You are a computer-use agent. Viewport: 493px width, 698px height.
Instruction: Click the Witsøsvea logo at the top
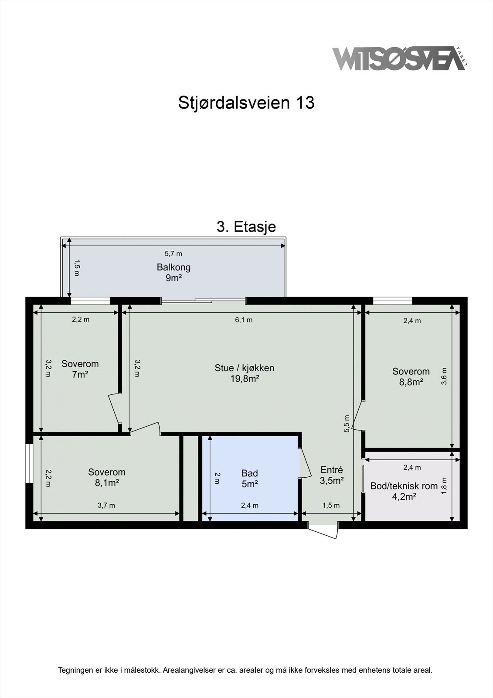point(399,58)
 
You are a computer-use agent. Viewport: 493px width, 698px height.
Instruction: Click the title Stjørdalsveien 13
point(246,103)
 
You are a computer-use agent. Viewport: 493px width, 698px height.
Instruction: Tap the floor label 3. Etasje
point(246,227)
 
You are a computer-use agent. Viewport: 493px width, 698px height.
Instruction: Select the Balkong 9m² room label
point(173,272)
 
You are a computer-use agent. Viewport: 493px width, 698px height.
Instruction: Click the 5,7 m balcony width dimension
point(173,253)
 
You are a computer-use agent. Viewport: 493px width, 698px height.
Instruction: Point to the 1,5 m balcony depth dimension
point(77,268)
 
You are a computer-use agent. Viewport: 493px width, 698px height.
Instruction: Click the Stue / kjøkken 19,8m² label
point(245,373)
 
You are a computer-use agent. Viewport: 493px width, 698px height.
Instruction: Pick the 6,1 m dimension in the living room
point(244,320)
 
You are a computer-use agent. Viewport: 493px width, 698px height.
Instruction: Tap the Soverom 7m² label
point(80,369)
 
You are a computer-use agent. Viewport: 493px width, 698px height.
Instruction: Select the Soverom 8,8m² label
point(411,376)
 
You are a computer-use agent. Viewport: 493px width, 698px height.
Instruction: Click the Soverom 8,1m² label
point(107,477)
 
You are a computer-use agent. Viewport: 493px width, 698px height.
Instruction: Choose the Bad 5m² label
point(250,478)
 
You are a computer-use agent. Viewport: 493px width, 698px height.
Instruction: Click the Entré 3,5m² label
point(332,475)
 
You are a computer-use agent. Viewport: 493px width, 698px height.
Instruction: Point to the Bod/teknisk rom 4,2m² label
point(404,491)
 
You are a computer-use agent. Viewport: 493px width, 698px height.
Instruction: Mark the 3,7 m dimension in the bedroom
point(106,505)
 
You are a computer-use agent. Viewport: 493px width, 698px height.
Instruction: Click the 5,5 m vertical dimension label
point(347,423)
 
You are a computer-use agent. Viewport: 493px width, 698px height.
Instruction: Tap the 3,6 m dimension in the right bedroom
point(444,376)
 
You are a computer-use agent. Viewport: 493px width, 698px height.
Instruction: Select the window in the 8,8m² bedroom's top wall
point(392,301)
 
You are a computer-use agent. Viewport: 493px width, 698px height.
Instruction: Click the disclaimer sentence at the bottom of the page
point(245,670)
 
